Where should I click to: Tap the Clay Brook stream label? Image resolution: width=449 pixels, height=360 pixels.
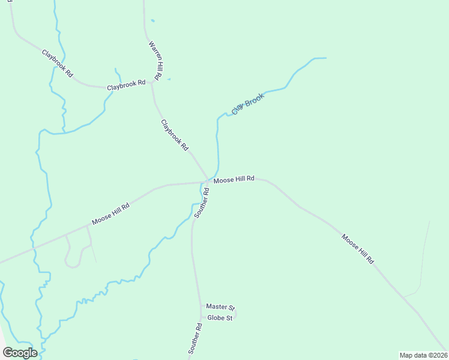point(248,104)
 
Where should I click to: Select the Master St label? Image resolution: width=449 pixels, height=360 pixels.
point(219,307)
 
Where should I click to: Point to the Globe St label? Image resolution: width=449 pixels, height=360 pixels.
point(219,318)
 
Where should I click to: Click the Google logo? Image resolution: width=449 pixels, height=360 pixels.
point(20,353)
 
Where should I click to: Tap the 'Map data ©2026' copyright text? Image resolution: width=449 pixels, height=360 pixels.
point(423,355)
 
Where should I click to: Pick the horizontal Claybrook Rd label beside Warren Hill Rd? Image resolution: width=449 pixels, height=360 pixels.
point(126,86)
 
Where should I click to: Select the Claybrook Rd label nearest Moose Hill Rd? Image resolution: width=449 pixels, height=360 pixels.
point(175,135)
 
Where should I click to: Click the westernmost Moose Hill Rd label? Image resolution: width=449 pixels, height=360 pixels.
point(110,214)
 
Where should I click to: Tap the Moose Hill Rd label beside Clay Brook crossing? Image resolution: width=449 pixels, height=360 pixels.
point(234,179)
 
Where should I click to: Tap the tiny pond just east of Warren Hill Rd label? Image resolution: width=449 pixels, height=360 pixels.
point(168,79)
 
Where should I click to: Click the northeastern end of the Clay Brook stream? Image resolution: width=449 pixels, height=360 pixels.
point(325,58)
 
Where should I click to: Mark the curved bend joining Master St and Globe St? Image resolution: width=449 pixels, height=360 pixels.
point(236,313)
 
